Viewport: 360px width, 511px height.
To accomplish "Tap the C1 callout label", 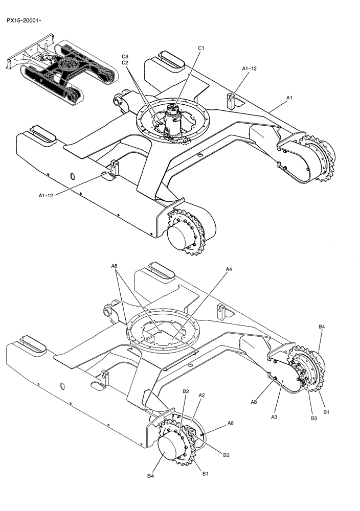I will click(201, 48).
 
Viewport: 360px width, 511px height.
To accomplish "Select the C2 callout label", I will click(125, 62).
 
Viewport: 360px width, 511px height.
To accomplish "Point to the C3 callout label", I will click(125, 56).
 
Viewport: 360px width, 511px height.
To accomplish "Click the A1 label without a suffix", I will click(289, 97).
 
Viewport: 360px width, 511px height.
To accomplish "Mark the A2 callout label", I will click(201, 395).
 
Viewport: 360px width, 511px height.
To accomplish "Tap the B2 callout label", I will click(186, 391).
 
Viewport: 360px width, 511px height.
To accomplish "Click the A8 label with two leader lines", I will click(114, 266).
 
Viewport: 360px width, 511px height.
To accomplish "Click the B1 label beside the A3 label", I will click(326, 411).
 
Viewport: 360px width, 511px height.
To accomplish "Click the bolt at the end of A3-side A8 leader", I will click(274, 379).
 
